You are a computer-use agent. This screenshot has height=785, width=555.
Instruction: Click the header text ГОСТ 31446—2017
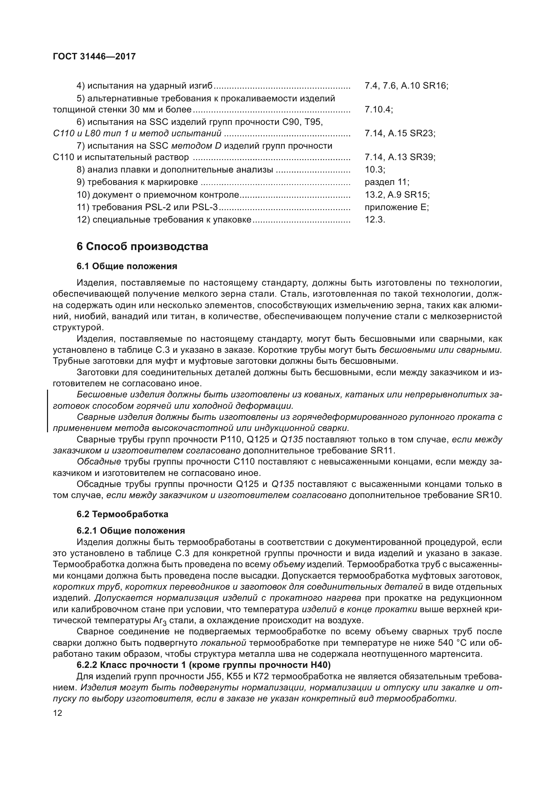tap(94, 56)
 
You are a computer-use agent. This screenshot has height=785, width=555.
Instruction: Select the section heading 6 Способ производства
tap(142, 246)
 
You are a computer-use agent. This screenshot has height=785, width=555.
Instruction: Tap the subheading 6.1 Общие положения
tap(127, 266)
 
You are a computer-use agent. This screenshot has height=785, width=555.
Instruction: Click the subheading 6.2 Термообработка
tap(123, 514)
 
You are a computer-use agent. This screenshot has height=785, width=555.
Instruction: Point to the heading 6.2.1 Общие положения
tap(131, 531)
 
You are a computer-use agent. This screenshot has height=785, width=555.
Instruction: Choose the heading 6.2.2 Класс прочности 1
tap(203, 665)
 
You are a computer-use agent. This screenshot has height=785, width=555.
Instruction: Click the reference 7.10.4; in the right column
tap(378, 109)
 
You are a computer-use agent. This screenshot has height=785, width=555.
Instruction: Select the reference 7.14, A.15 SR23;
tap(400, 133)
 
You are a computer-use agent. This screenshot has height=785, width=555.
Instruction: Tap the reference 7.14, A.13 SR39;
tap(400, 157)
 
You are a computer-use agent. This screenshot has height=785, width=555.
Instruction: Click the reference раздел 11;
tap(387, 182)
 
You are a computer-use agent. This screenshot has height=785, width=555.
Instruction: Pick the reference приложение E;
tap(397, 207)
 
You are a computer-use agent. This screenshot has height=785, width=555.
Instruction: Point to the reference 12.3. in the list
tap(375, 219)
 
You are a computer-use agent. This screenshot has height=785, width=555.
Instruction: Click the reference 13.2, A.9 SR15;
tap(397, 195)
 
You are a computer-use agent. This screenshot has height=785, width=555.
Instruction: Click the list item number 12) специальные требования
tap(84, 219)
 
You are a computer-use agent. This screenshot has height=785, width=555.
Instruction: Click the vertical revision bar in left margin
tap(47, 411)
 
